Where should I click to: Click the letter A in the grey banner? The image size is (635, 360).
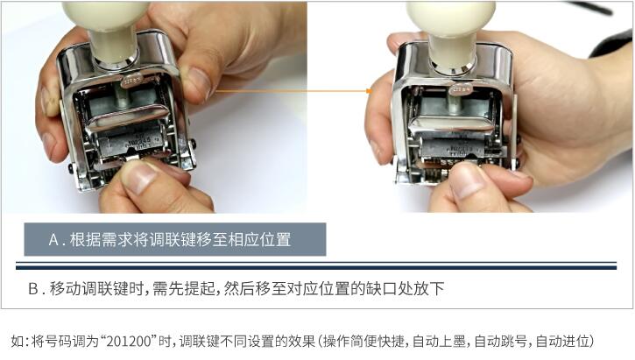(53, 240)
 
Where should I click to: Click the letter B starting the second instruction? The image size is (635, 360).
(32, 289)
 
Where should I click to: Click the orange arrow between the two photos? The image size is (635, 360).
(293, 91)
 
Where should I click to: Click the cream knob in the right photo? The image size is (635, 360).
(452, 32)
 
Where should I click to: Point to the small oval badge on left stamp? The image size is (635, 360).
(132, 81)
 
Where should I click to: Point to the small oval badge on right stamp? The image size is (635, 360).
(461, 88)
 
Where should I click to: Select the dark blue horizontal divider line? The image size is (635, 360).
(316, 267)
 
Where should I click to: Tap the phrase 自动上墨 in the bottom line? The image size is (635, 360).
(439, 342)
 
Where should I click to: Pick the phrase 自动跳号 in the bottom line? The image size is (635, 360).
(501, 342)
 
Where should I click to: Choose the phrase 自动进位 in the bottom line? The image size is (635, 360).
(562, 342)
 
